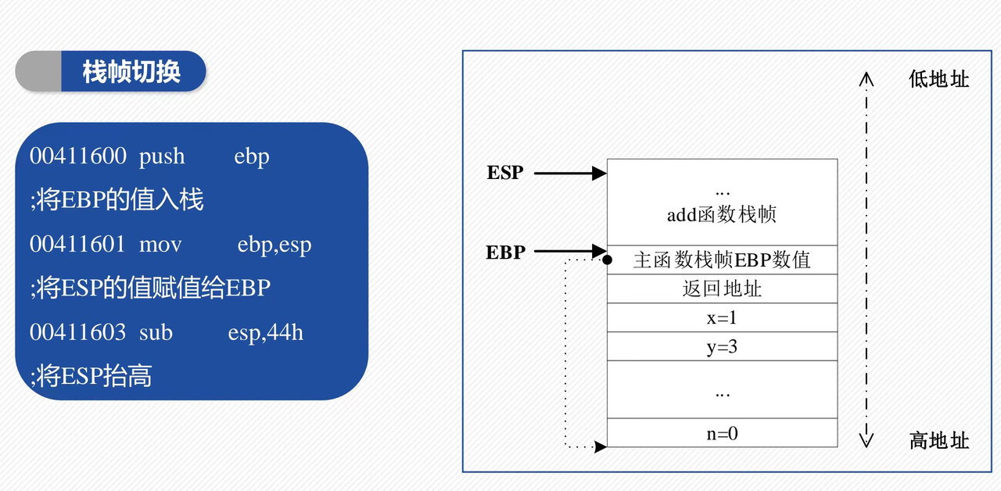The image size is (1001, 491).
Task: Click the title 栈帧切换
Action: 131,71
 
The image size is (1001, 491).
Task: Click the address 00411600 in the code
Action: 78,156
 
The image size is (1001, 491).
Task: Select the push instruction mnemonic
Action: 162,156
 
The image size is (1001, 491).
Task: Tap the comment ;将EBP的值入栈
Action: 117,200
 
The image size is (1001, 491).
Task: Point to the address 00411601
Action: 78,244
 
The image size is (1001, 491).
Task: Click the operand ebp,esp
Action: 274,245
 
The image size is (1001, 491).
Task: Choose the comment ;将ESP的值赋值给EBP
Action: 150,289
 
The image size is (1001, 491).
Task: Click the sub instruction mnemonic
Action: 156,332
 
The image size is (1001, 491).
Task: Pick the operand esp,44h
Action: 265,333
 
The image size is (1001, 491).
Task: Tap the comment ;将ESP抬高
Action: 91,377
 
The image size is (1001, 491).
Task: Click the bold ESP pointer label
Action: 505,173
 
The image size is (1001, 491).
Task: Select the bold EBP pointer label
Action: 505,253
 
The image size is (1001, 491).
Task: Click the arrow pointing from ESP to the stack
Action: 570,173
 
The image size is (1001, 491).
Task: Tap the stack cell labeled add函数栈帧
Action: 721,213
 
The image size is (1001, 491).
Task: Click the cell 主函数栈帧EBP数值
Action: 721,260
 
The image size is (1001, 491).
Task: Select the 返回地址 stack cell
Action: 721,289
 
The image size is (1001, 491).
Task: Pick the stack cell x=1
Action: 721,317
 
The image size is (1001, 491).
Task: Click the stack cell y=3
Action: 721,346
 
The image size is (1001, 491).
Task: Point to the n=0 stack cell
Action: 721,432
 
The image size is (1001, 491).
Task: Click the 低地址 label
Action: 938,79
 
